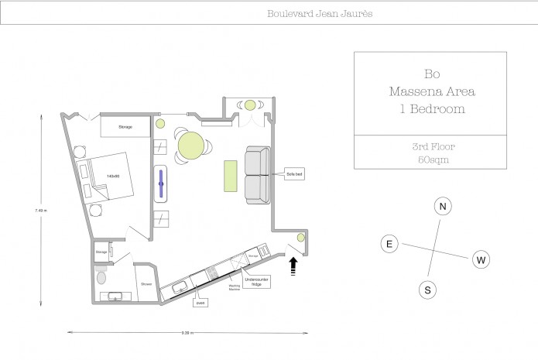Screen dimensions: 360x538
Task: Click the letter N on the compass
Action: coord(442,207)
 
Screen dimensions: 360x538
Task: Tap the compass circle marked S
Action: coord(427,290)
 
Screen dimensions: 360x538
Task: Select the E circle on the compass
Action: coord(389,245)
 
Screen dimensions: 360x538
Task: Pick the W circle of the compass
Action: coord(480,259)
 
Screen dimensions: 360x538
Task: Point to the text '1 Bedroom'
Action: coord(430,109)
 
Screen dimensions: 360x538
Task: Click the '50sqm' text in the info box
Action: coord(430,159)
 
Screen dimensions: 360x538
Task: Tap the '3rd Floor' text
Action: coord(430,146)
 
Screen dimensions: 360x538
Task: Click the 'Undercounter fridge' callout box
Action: coord(255,282)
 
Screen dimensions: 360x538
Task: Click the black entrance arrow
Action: coord(293,266)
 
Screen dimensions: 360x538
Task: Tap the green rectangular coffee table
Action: coord(230,175)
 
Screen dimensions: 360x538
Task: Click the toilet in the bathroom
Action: coord(101,277)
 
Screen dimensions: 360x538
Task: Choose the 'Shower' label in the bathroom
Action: coord(146,284)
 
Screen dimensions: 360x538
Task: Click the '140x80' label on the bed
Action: coord(113,177)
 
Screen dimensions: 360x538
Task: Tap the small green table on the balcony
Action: coord(250,105)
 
